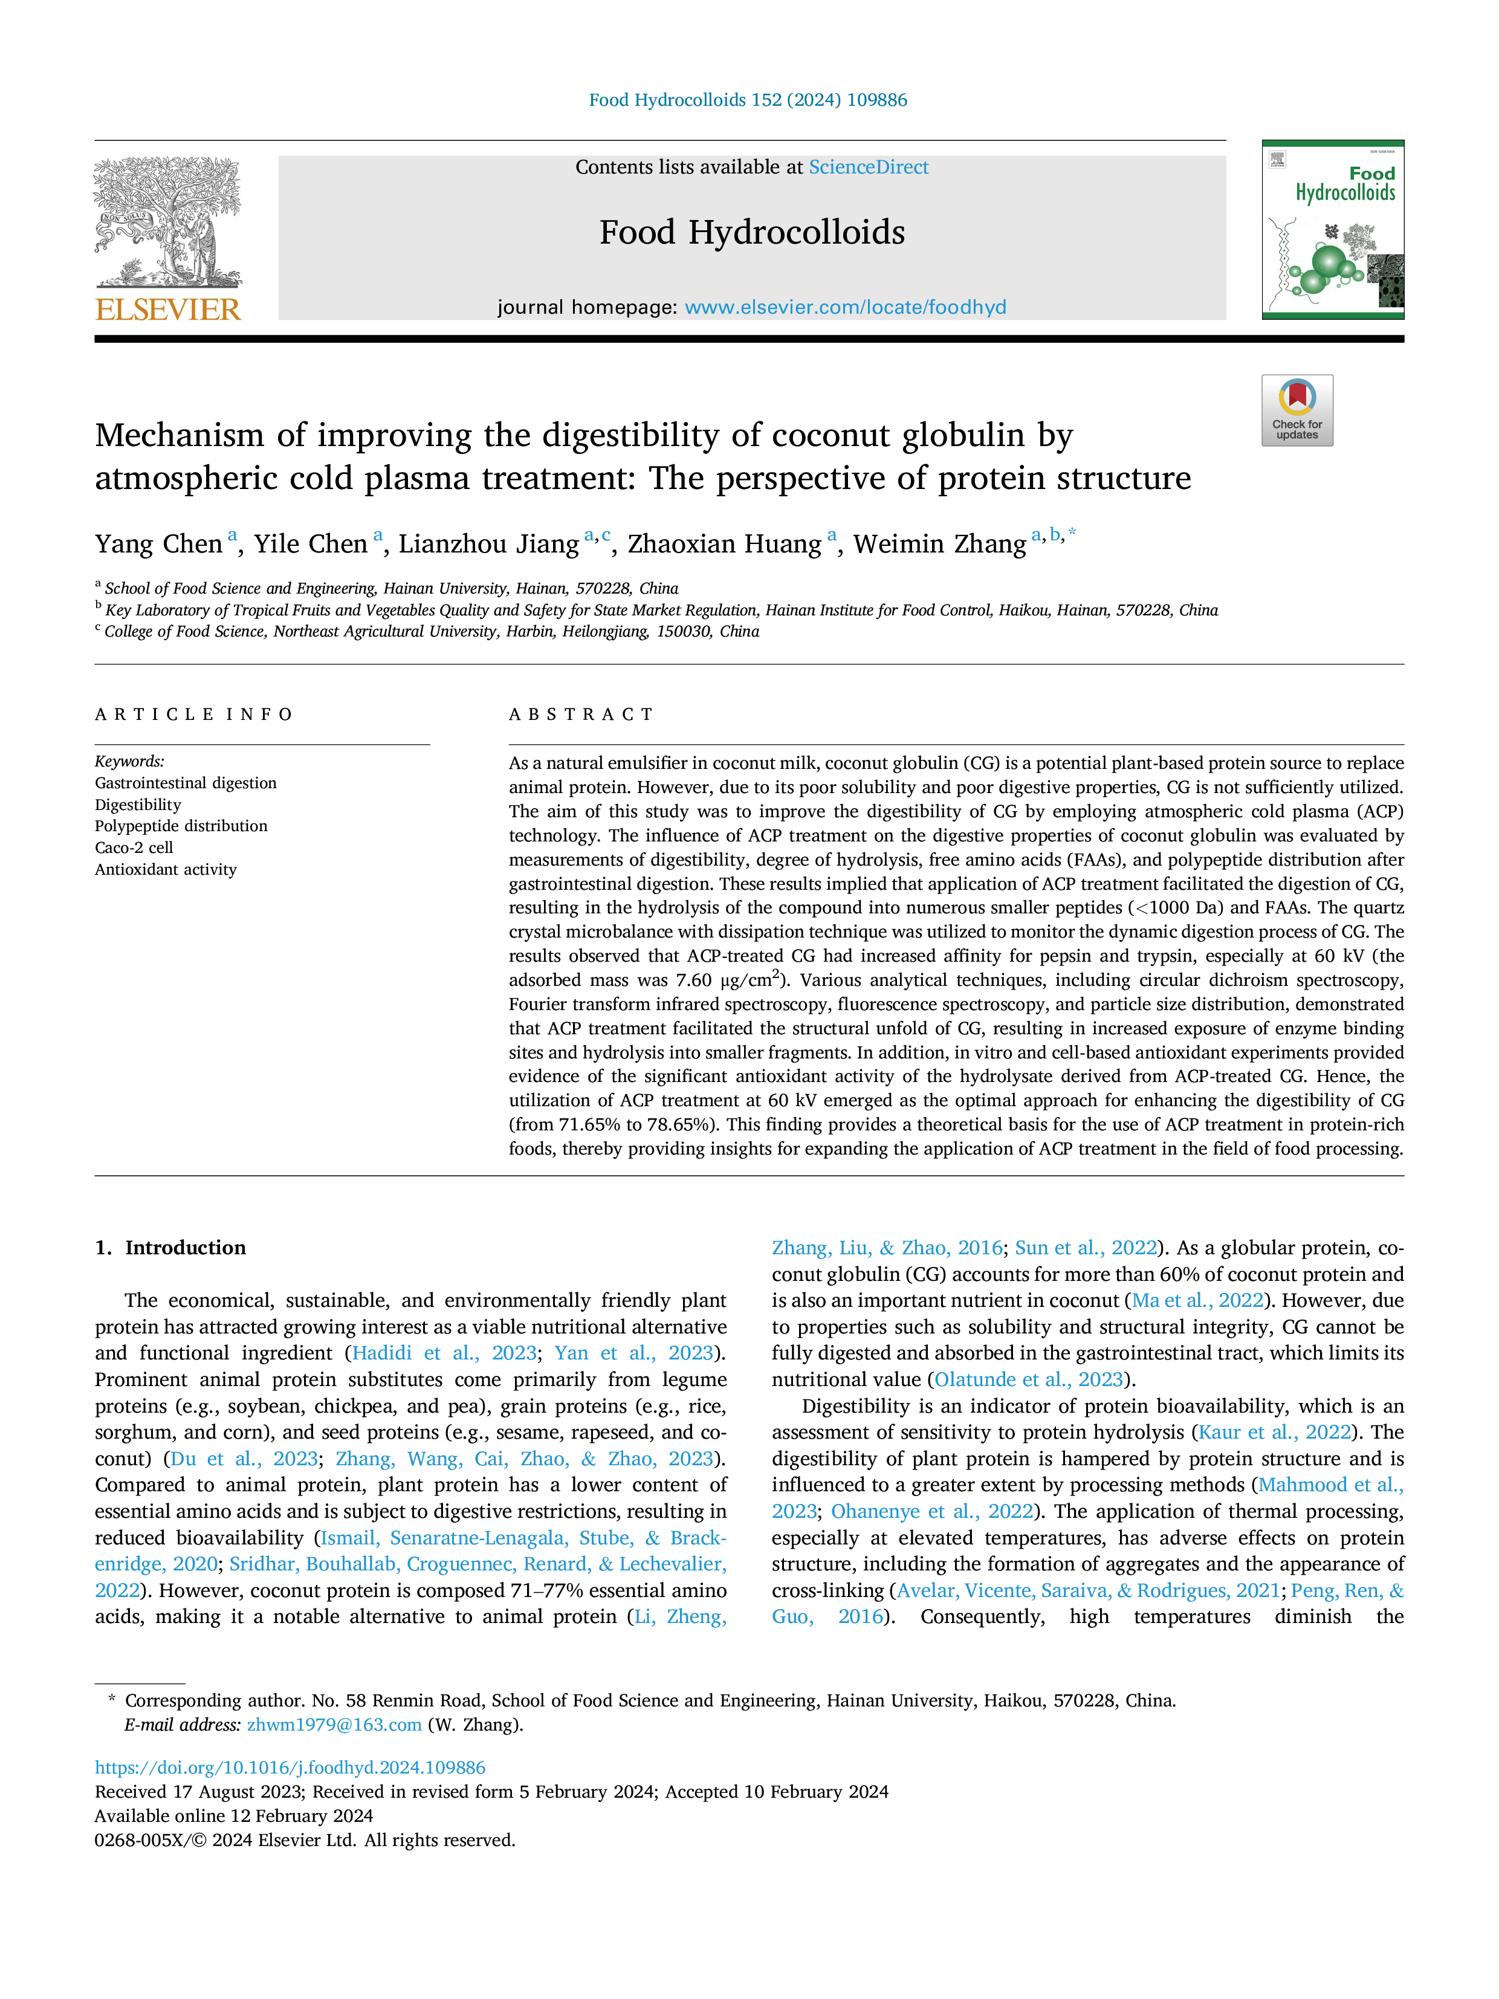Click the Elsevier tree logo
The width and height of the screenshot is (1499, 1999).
(168, 223)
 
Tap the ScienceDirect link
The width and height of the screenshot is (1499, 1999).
(869, 167)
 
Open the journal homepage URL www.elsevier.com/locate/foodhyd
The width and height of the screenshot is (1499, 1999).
(845, 307)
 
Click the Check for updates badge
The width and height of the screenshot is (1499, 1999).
(1297, 410)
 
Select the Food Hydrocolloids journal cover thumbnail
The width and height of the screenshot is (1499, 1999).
(1333, 230)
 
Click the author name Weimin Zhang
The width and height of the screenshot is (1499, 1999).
(940, 544)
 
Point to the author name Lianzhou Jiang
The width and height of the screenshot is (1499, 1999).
(489, 544)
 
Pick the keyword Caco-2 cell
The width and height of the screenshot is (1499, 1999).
(134, 847)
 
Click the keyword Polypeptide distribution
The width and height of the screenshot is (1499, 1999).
(181, 826)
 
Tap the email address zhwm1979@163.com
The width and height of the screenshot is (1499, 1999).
(334, 1725)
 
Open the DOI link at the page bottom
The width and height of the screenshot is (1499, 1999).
(290, 1767)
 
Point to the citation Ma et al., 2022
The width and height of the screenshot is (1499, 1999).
(1198, 1300)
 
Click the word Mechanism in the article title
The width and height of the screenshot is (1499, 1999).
(180, 436)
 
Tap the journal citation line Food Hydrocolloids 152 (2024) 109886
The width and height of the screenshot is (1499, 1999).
(748, 100)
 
